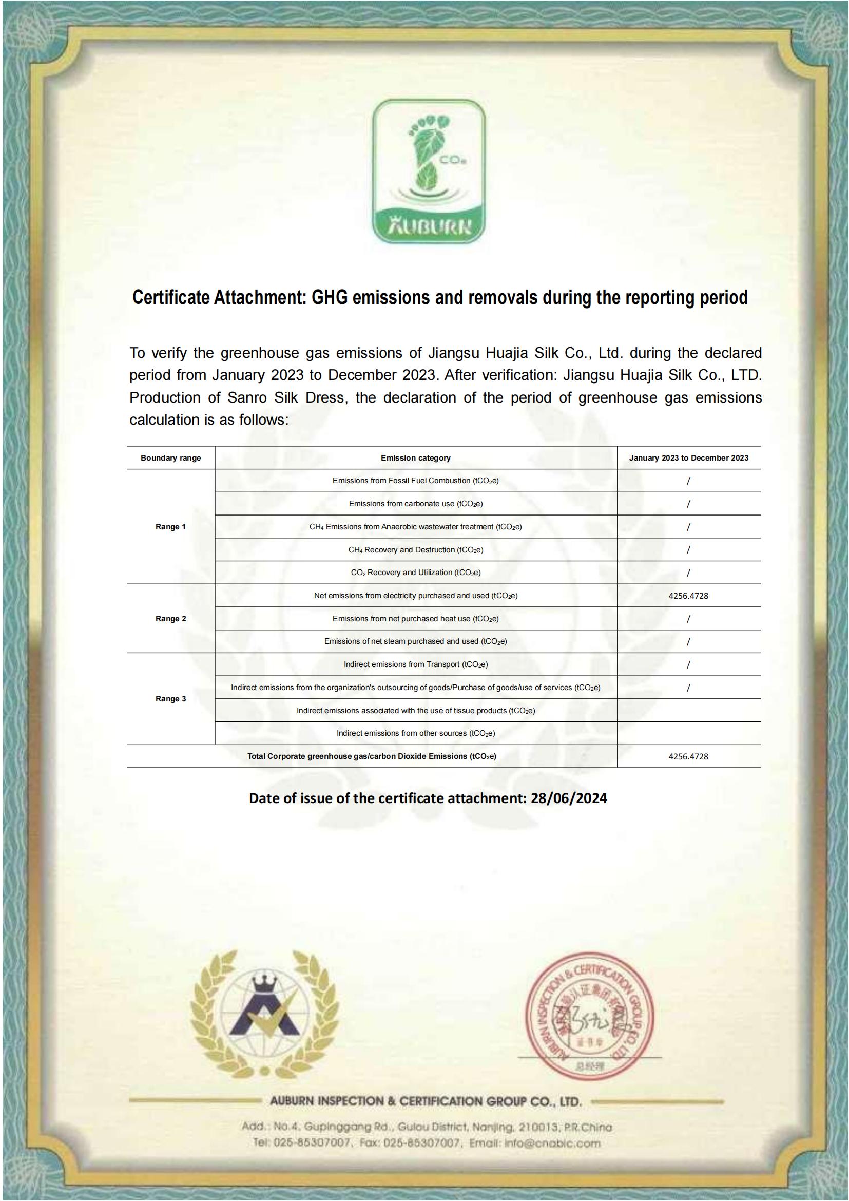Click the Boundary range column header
coord(170,457)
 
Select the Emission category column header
coord(416,457)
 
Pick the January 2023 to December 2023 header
coord(688,457)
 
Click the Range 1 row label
coord(170,527)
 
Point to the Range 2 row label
coord(170,618)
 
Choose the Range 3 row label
coord(170,699)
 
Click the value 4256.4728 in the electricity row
coord(688,596)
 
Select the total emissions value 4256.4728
coord(688,756)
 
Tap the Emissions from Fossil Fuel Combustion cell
coord(416,481)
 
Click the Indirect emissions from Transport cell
coord(416,664)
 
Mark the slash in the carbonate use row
coord(688,504)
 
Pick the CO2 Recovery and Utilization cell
coord(416,573)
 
